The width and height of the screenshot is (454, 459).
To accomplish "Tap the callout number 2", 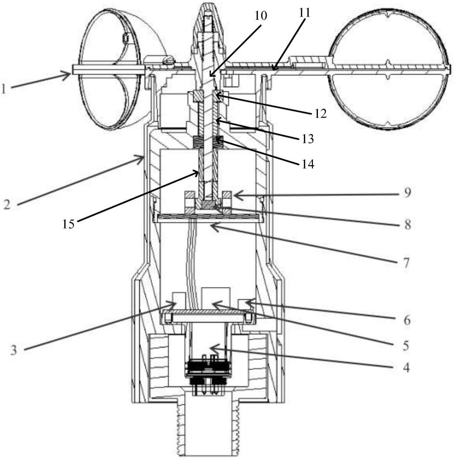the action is [7, 204].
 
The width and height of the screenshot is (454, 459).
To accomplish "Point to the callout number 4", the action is [406, 367].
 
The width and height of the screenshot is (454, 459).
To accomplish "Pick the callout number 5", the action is [405, 346].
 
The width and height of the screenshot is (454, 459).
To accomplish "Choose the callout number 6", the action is [407, 320].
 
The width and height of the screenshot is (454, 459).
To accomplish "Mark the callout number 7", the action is [406, 263].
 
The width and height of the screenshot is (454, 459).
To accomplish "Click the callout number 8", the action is [407, 224].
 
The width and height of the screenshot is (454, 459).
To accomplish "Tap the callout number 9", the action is [407, 193].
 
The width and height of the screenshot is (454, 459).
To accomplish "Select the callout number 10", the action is [261, 16].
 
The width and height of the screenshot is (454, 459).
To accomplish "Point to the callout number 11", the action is [304, 13].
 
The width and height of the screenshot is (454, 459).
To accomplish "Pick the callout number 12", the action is [320, 113].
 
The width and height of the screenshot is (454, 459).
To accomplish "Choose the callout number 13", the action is [307, 139].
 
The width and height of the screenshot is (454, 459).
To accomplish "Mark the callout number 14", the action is [308, 164].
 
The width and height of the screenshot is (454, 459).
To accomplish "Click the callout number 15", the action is [68, 224].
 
